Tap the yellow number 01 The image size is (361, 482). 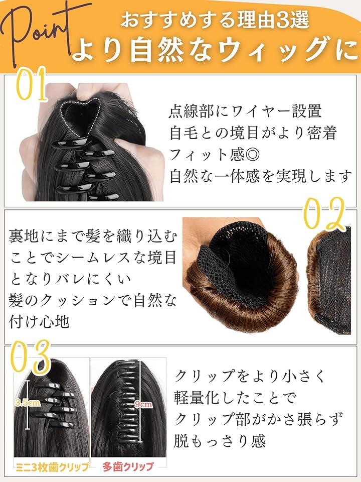pos(31,84)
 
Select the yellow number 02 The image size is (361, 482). pos(324,214)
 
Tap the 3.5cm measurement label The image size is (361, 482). pos(27,402)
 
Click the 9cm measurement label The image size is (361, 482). pos(143,404)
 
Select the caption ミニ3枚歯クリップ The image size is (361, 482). pos(52,467)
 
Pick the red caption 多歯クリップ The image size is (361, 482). pos(128,466)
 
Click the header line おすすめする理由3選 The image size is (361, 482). pos(215,20)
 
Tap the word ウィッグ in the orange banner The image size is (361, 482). pos(260,50)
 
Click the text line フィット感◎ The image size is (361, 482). pos(215,154)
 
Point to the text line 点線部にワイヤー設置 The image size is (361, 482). pos(245,111)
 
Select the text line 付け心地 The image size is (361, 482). pos(39,321)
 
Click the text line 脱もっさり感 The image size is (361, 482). pos(220,441)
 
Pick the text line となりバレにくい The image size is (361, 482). pos(70,279)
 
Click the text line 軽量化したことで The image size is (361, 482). pos(235,398)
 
